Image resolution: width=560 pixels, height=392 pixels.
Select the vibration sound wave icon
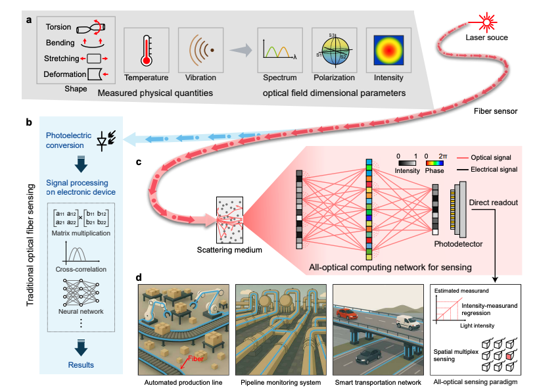click(x=200, y=49)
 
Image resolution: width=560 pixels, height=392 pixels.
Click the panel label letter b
click(x=29, y=122)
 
